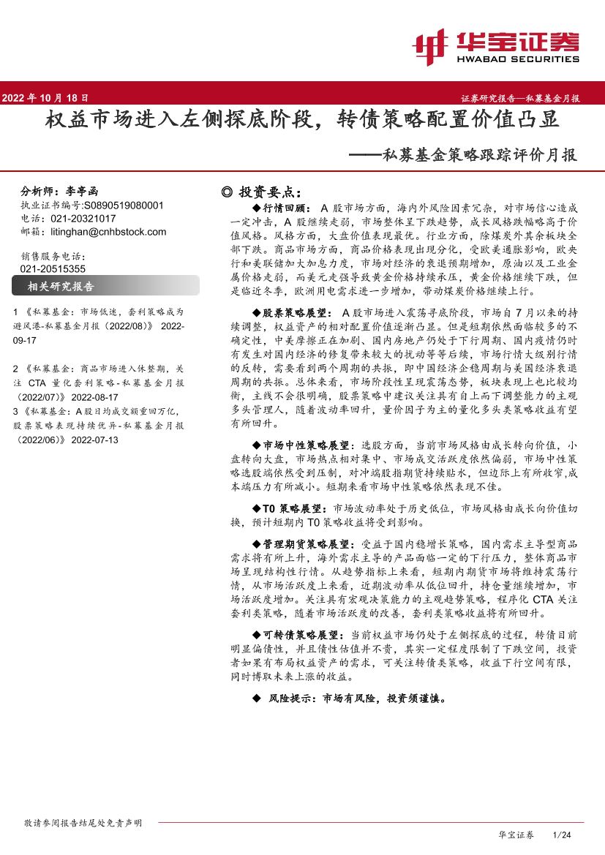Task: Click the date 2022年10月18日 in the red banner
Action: click(x=46, y=97)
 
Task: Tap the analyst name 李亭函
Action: click(x=76, y=189)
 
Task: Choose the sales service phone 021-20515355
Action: click(x=54, y=268)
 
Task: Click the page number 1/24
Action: click(x=562, y=835)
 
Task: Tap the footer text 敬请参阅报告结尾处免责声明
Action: click(x=83, y=823)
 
